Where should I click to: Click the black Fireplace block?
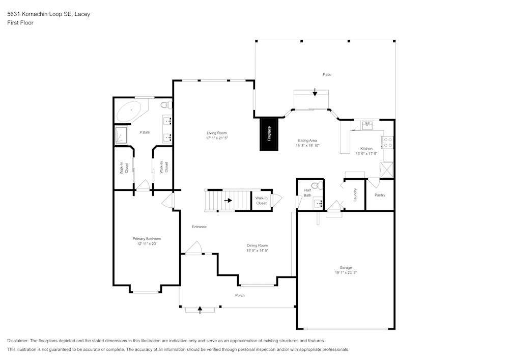(x=269, y=134)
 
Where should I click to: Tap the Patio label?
(x=327, y=74)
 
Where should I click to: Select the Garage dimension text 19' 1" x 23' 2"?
(x=346, y=272)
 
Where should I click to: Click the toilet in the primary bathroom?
(x=166, y=105)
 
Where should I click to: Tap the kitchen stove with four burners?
(x=388, y=143)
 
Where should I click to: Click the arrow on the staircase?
(x=228, y=200)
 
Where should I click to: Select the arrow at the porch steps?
(x=200, y=309)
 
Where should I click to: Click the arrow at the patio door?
(x=315, y=92)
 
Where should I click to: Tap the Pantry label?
(x=380, y=195)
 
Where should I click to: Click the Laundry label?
(x=355, y=195)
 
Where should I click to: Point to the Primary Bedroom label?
(x=147, y=239)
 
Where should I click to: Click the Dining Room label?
(x=257, y=245)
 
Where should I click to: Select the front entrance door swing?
(x=193, y=248)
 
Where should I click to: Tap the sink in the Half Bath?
(x=318, y=204)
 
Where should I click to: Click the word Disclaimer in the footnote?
(x=18, y=341)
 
